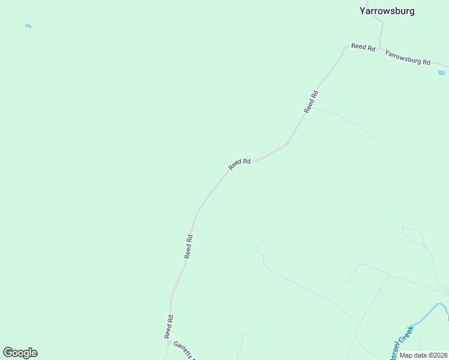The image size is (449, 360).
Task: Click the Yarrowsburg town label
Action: [387, 11]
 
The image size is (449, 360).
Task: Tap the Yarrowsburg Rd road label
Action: [408, 58]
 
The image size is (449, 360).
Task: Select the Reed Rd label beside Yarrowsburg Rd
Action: [363, 47]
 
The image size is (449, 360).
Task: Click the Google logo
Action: [20, 353]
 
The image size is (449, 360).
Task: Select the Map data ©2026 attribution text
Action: [423, 355]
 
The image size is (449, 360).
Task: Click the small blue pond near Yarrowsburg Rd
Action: [441, 73]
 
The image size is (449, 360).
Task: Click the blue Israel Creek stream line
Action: [427, 314]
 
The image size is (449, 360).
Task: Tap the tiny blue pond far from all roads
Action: [28, 26]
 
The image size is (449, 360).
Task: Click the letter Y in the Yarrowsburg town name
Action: [363, 11]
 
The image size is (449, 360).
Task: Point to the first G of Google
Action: [8, 353]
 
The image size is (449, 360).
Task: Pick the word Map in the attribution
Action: [406, 355]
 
